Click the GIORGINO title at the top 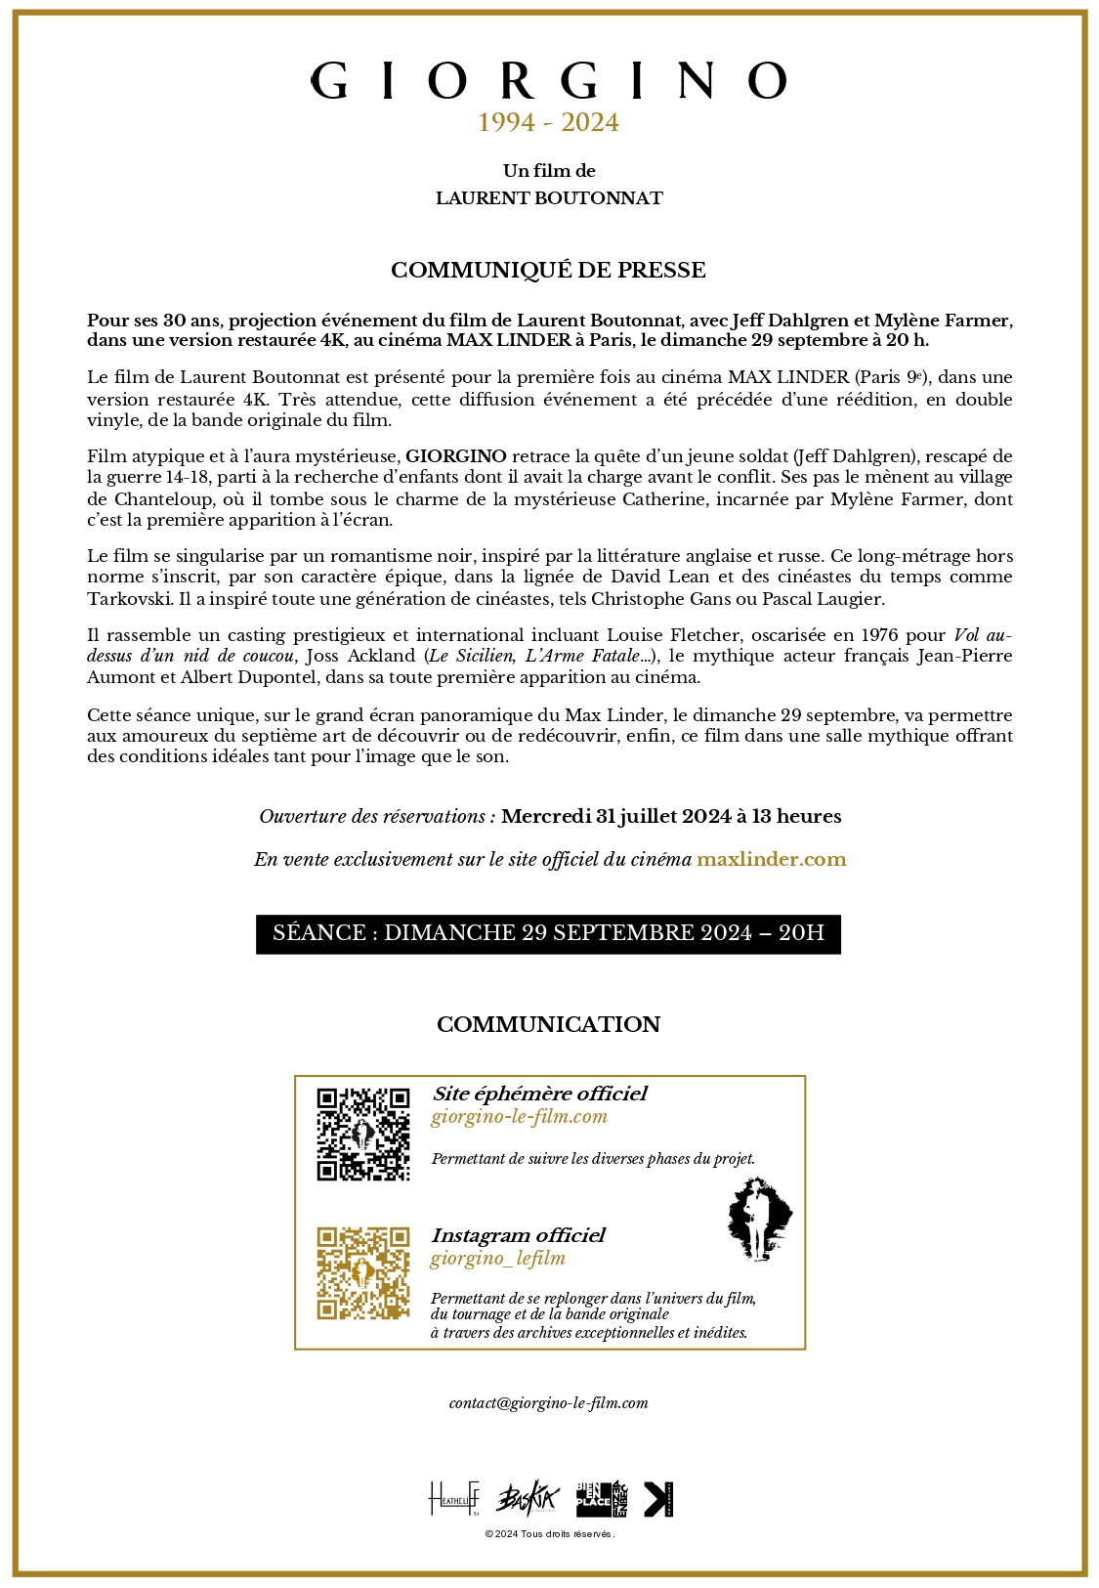[549, 81]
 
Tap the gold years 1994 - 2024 [549, 123]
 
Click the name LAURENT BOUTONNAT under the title [549, 198]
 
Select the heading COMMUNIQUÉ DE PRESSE [548, 271]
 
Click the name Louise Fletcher [664, 635]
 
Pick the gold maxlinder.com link [771, 860]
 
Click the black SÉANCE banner [548, 933]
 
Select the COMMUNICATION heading [548, 1024]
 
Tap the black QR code [363, 1135]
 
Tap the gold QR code [363, 1273]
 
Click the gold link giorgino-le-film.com [519, 1117]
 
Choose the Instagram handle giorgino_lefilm [498, 1259]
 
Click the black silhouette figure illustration [758, 1219]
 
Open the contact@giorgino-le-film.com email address [548, 1403]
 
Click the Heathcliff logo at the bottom [454, 1498]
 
